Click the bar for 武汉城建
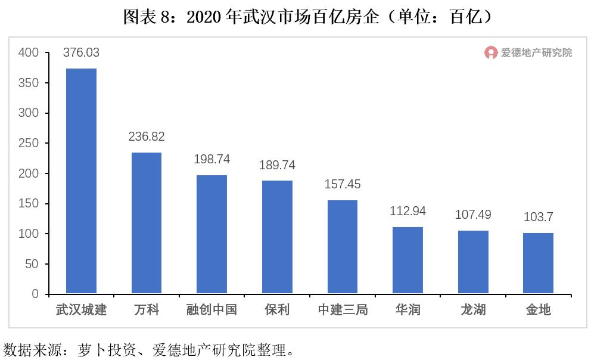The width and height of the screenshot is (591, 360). [x=81, y=181]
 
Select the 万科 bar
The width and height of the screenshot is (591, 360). [x=147, y=223]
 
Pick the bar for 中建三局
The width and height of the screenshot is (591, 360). [x=343, y=247]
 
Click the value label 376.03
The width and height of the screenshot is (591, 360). [x=81, y=53]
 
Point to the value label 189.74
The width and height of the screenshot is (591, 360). [x=277, y=165]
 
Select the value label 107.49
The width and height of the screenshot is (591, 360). [x=473, y=214]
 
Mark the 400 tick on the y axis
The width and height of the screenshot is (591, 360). [x=29, y=53]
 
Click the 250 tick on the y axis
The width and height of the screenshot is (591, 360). [x=29, y=144]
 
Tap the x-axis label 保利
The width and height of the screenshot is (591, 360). [x=277, y=310]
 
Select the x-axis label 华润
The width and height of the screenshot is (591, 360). [x=408, y=310]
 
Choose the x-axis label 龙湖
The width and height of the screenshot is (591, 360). [x=473, y=310]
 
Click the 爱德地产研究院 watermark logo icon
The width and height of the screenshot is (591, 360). [x=490, y=53]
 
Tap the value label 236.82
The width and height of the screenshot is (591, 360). [x=147, y=136]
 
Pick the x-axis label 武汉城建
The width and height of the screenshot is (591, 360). [x=81, y=310]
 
